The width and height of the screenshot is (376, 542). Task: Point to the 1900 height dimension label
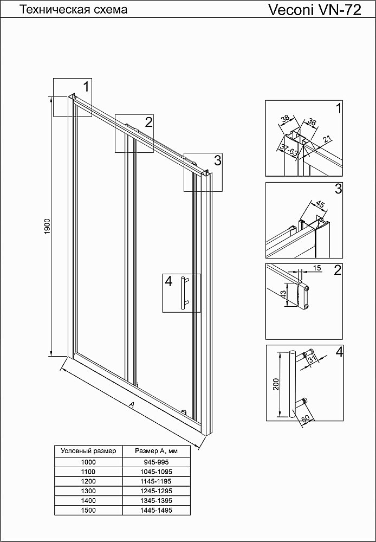(47, 226)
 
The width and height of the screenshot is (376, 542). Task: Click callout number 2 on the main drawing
(148, 121)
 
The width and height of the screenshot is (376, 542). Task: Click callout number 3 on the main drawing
(217, 160)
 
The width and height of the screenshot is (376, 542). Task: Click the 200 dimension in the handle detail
(276, 384)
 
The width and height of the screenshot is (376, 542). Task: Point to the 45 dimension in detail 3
(319, 205)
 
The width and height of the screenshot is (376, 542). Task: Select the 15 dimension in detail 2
(317, 268)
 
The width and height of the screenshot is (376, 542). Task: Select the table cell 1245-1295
(156, 491)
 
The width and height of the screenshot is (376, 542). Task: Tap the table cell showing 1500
(88, 510)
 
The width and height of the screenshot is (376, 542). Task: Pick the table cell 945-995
(156, 462)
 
